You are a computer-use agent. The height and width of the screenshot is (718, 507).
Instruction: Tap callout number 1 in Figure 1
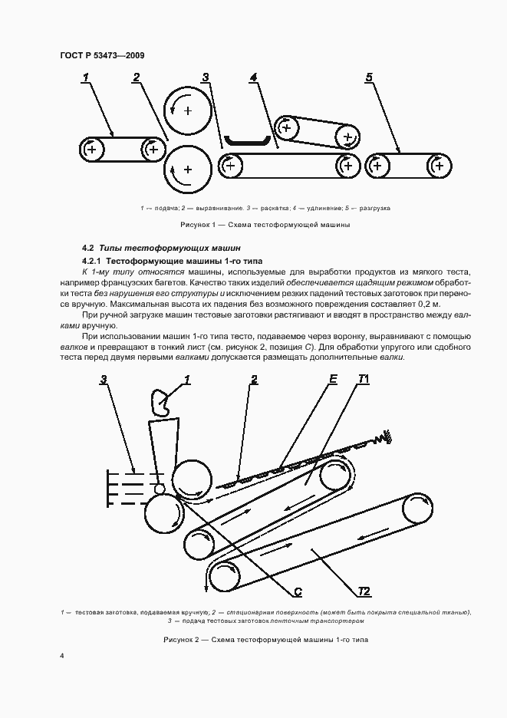(86, 77)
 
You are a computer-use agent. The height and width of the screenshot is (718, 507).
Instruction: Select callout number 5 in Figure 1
(369, 77)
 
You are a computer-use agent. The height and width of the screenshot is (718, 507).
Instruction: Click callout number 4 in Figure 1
(253, 77)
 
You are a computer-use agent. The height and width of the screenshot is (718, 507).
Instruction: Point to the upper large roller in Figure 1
(189, 111)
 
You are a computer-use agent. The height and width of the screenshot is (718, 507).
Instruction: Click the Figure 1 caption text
(265, 225)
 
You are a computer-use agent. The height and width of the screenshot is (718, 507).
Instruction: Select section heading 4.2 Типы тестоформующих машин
(161, 248)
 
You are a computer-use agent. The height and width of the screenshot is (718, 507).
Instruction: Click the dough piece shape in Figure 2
(161, 400)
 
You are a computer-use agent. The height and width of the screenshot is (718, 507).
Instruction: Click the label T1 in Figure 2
(364, 379)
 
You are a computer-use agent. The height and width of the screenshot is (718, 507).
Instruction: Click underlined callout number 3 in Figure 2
(104, 379)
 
